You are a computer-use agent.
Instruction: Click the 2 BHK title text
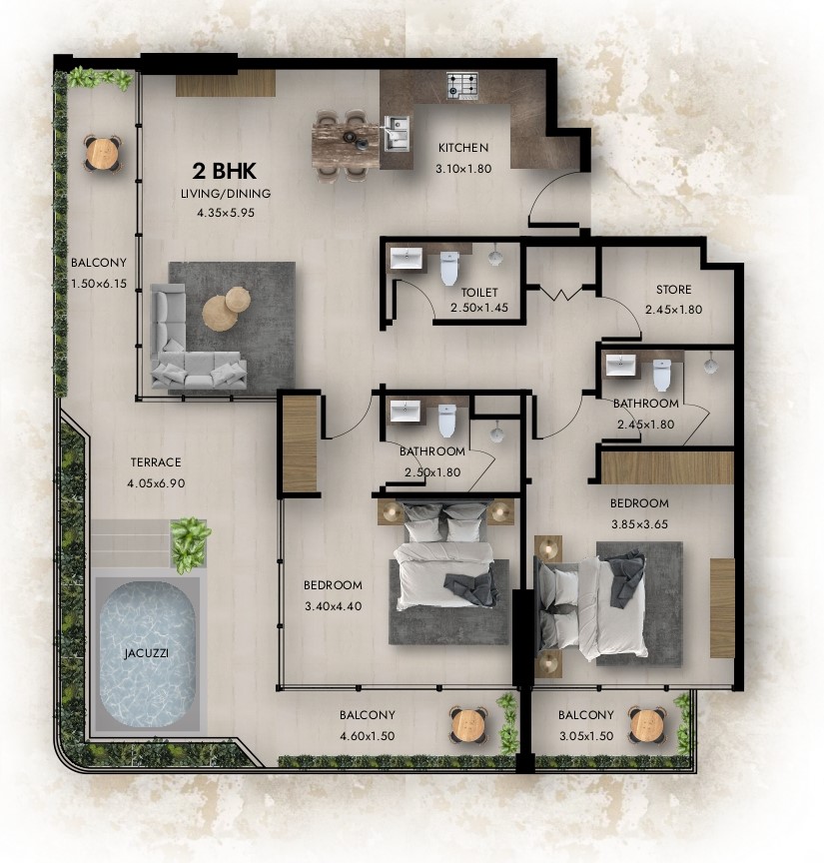[224, 171]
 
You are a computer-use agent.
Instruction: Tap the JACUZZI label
[146, 653]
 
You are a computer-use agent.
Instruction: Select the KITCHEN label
[462, 148]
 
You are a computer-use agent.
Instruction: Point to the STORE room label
[673, 290]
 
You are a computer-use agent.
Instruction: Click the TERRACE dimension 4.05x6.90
[156, 483]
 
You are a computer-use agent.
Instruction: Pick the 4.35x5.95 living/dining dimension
[226, 213]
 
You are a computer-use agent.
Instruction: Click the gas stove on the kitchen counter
[461, 86]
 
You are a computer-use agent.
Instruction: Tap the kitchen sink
[397, 133]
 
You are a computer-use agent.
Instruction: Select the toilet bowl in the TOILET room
[449, 268]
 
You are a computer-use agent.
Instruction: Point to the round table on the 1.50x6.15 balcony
[103, 153]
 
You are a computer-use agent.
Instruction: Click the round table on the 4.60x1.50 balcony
[468, 725]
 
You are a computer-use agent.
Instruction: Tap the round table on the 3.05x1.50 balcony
[647, 725]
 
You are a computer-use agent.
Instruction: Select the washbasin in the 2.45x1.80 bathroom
[620, 365]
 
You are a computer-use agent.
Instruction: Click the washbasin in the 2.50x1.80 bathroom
[405, 412]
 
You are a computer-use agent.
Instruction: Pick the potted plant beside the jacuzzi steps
[190, 542]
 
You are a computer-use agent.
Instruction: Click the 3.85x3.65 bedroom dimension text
[639, 524]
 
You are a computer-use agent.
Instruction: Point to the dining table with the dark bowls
[347, 145]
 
